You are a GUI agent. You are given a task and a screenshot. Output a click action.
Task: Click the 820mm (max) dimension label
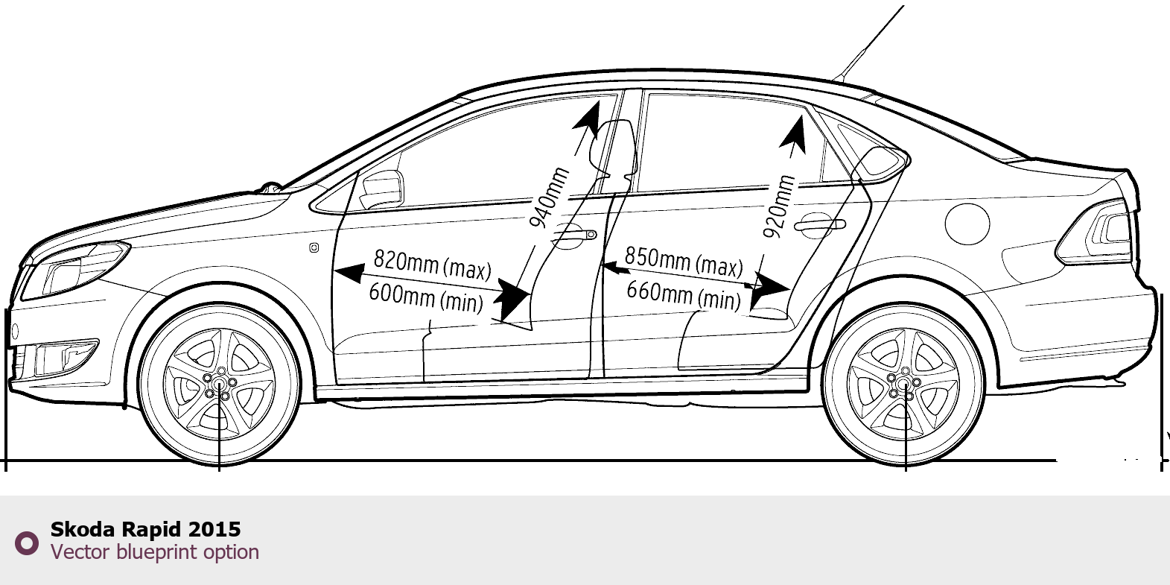[x=432, y=264]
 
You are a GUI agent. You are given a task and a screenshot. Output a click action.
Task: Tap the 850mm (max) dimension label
[x=683, y=262]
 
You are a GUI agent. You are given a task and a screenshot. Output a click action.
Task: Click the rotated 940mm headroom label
[x=549, y=197]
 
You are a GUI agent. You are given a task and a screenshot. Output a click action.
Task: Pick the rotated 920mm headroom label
[x=779, y=206]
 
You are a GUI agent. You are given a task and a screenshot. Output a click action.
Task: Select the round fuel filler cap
[x=967, y=223]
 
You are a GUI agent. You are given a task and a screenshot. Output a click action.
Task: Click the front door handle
[x=574, y=236]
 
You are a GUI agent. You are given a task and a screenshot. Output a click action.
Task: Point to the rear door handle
[x=818, y=224]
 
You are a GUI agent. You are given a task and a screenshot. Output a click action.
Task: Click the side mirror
[x=382, y=189]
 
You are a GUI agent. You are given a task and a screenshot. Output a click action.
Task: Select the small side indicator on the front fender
[x=314, y=247]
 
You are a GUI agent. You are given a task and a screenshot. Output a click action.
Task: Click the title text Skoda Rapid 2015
[x=145, y=529]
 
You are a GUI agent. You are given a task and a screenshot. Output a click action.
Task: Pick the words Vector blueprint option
[x=154, y=552]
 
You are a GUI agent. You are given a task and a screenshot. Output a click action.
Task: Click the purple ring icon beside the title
[x=27, y=543]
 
